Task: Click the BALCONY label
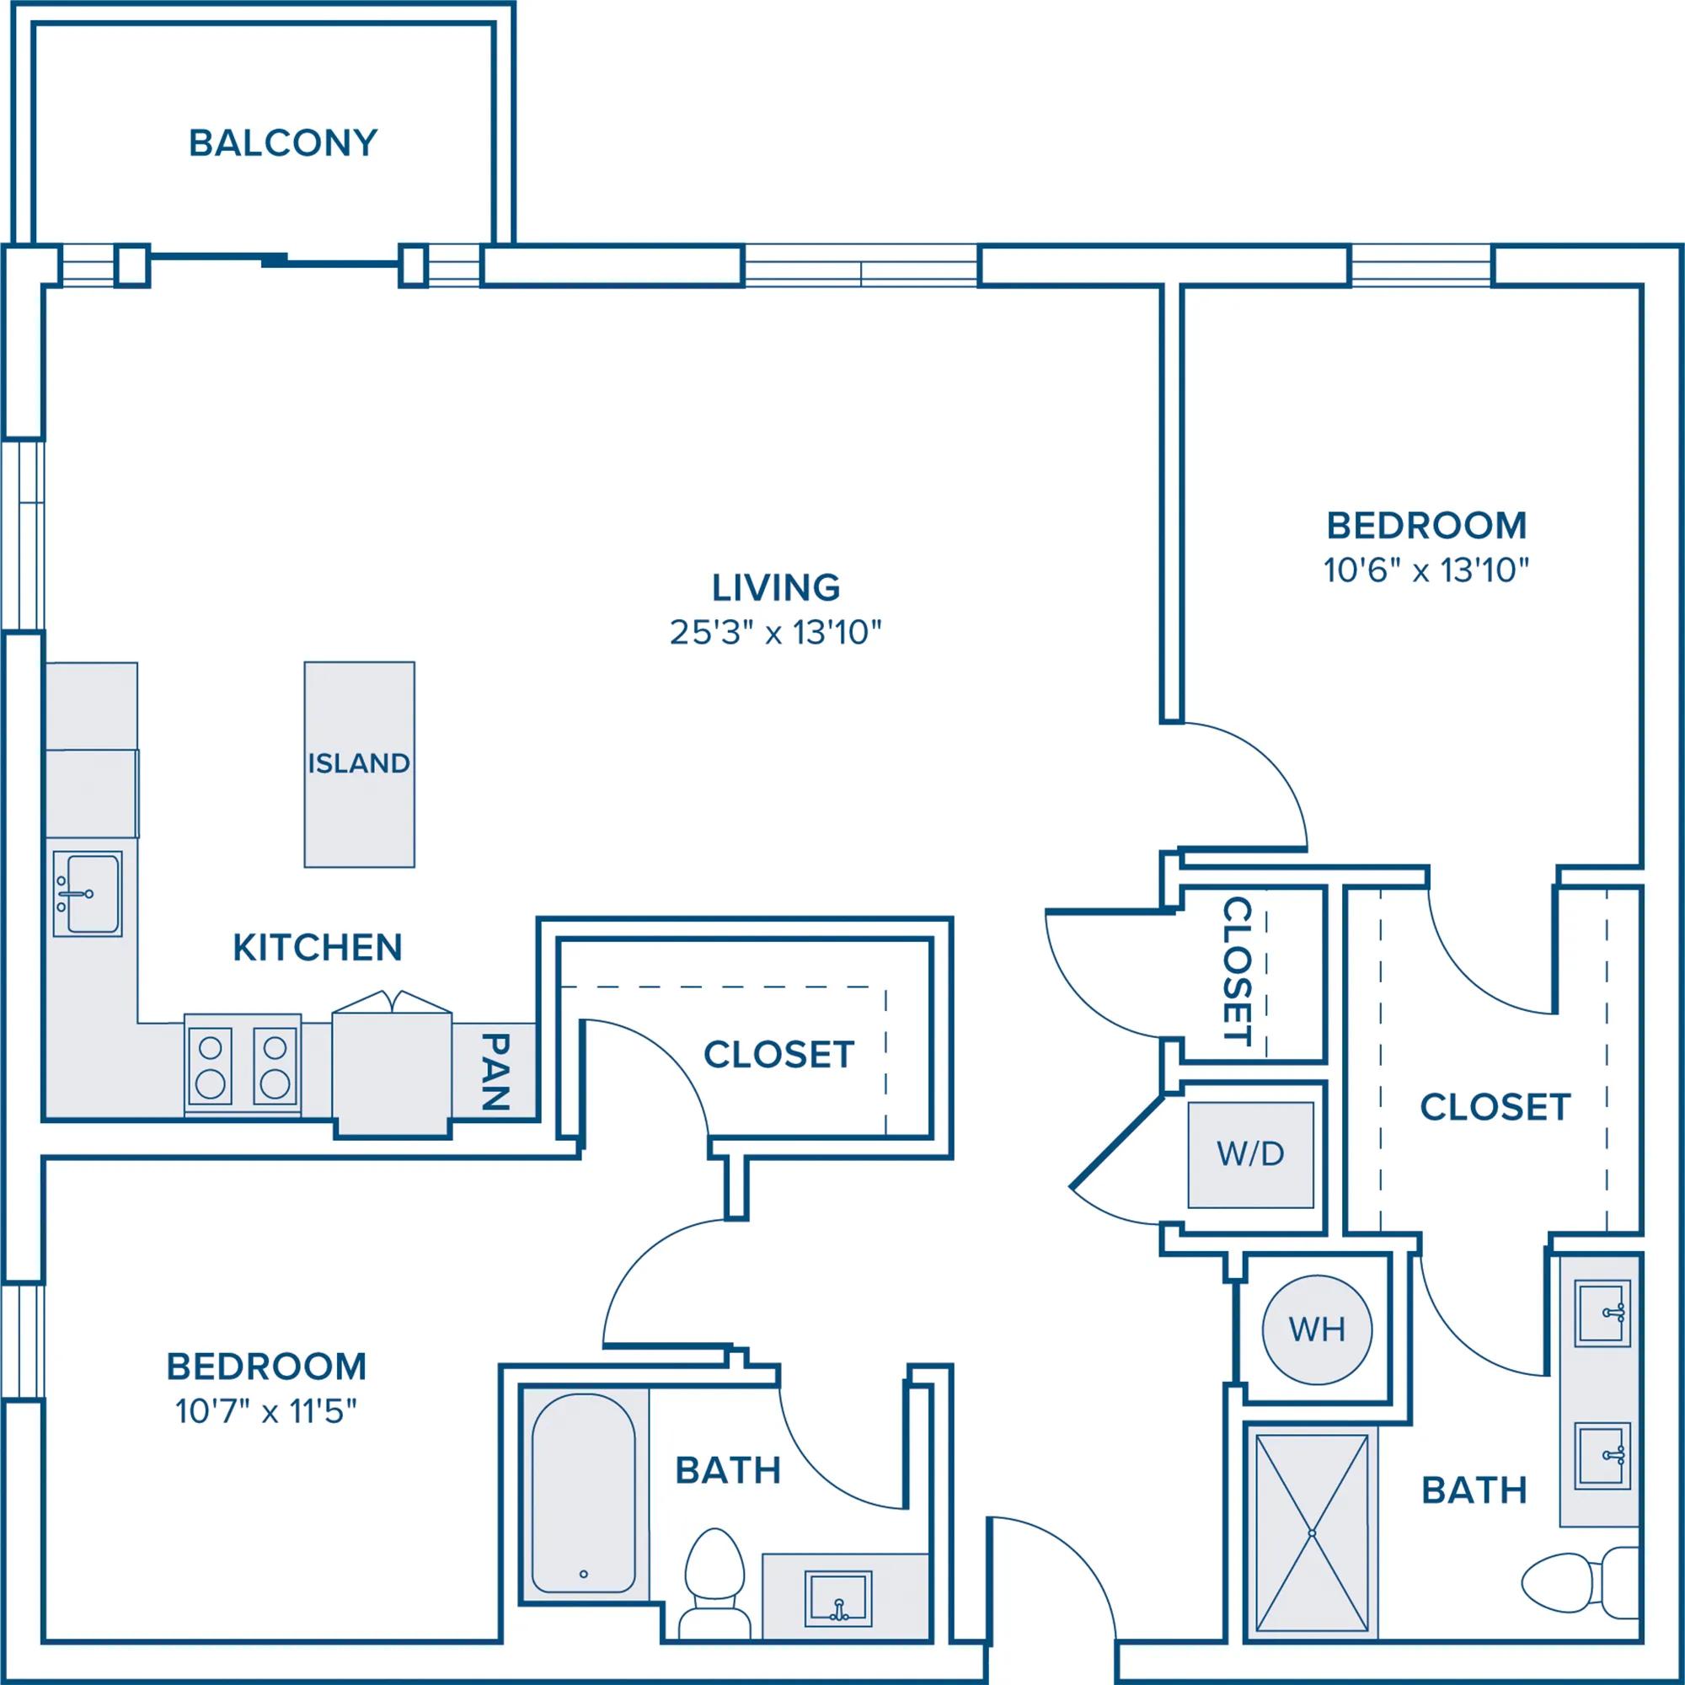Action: pyautogui.click(x=282, y=143)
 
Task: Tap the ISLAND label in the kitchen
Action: pyautogui.click(x=358, y=763)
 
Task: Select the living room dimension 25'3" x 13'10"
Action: pyautogui.click(x=775, y=633)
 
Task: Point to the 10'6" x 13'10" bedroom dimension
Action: pyautogui.click(x=1427, y=570)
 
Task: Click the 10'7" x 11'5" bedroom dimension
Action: pyautogui.click(x=267, y=1410)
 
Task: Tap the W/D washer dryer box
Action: pyautogui.click(x=1250, y=1155)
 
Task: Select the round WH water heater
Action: pyautogui.click(x=1317, y=1329)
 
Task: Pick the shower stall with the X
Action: pyautogui.click(x=1311, y=1532)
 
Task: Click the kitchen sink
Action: pyautogui.click(x=88, y=894)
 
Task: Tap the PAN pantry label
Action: pyautogui.click(x=495, y=1072)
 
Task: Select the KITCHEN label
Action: pyautogui.click(x=318, y=948)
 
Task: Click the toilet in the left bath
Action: pyautogui.click(x=714, y=1585)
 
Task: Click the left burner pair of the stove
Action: pyautogui.click(x=210, y=1067)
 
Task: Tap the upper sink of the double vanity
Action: pyautogui.click(x=1602, y=1313)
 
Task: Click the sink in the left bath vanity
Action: pyautogui.click(x=838, y=1600)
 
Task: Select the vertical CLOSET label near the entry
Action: pyautogui.click(x=1238, y=971)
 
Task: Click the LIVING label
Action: pyautogui.click(x=776, y=588)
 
